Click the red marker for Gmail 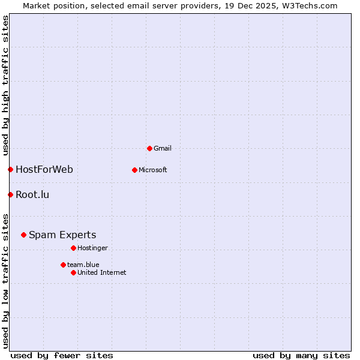(149, 148)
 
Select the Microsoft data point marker (134, 170)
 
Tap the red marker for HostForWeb (10, 169)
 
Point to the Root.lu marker (10, 194)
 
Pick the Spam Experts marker (23, 235)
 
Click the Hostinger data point (73, 248)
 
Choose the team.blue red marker (63, 265)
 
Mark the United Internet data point (73, 272)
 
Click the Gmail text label (163, 148)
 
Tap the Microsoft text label (153, 170)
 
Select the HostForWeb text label (44, 169)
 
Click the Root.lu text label (32, 194)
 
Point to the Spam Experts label (62, 235)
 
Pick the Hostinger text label (93, 248)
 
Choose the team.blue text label (83, 265)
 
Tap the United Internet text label (102, 272)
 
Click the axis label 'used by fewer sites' (62, 355)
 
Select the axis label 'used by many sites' (301, 355)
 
